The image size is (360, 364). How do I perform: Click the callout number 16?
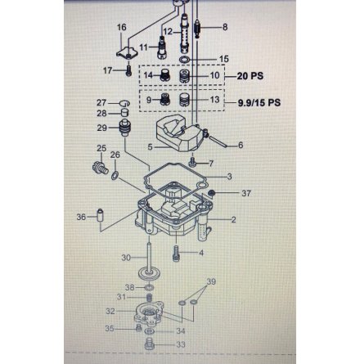(122, 27)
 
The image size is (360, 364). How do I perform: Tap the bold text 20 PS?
(250, 76)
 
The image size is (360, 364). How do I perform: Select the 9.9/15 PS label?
(259, 103)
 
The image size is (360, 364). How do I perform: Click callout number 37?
(246, 193)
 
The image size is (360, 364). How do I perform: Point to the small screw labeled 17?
(128, 70)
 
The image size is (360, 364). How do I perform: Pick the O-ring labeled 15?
(185, 59)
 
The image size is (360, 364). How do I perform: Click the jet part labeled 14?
(164, 75)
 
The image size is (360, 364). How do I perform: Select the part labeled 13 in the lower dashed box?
(185, 100)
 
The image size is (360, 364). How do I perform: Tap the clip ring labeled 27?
(124, 103)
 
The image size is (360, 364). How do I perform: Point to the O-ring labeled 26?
(115, 176)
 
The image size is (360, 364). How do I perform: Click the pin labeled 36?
(100, 215)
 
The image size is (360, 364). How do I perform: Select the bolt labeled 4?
(176, 254)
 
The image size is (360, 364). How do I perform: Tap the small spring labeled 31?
(149, 298)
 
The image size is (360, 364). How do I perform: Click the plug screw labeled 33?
(149, 344)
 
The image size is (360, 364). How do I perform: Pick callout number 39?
(211, 281)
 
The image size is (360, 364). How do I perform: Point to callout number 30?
(126, 258)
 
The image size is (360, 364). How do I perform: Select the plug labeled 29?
(125, 128)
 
